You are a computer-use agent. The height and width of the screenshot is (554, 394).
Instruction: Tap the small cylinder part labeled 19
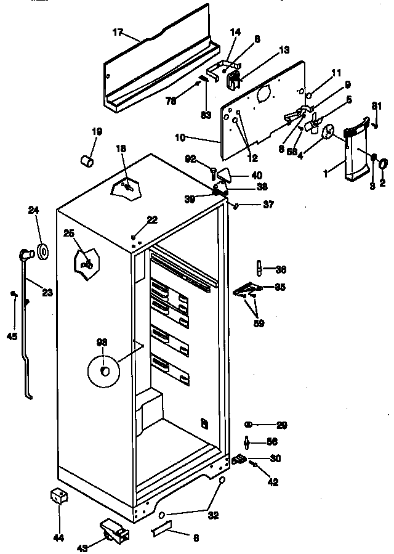coord(87,161)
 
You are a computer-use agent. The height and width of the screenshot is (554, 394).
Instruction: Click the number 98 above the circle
coord(101,343)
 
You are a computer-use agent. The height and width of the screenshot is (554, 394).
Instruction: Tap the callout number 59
coord(259,322)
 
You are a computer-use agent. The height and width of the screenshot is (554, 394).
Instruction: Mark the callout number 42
coord(273,483)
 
